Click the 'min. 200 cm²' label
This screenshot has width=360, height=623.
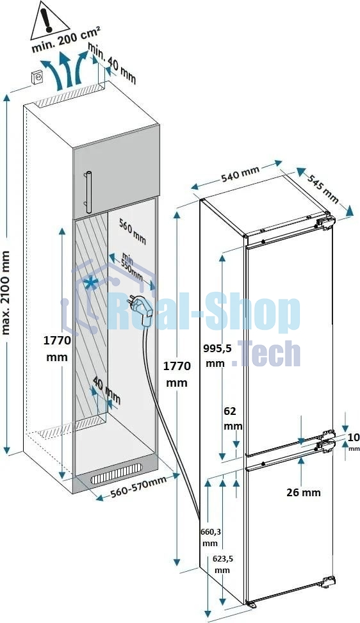[x=66, y=40]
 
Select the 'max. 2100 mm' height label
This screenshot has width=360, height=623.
[x=6, y=293]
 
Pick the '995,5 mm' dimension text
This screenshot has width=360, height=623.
[x=217, y=355]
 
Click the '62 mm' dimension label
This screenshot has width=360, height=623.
[x=233, y=418]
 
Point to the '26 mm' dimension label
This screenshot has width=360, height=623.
[x=303, y=492]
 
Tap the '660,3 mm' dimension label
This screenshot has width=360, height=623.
[x=211, y=537]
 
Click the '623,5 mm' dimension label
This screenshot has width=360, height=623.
[x=223, y=564]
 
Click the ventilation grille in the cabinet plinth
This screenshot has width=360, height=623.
[x=116, y=474]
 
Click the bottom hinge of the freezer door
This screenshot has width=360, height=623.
[x=328, y=582]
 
